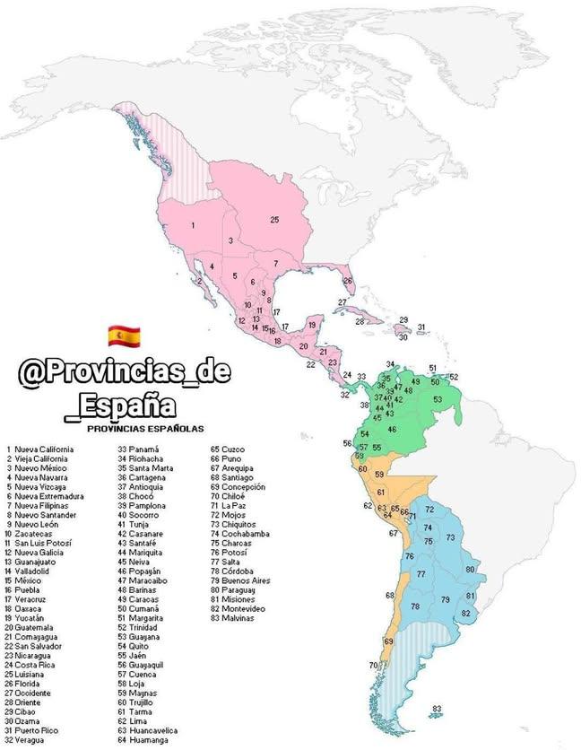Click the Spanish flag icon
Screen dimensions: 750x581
121,336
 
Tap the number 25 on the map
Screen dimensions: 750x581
275,219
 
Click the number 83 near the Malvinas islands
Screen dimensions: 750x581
437,710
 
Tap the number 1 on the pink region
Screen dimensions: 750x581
193,225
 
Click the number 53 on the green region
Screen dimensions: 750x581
438,399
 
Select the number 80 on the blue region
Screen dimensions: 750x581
470,569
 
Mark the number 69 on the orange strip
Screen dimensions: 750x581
388,641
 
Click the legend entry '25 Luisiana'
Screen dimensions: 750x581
34,673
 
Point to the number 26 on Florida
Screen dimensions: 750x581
348,281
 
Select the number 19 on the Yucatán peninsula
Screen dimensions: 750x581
312,324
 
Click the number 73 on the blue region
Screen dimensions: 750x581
451,538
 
